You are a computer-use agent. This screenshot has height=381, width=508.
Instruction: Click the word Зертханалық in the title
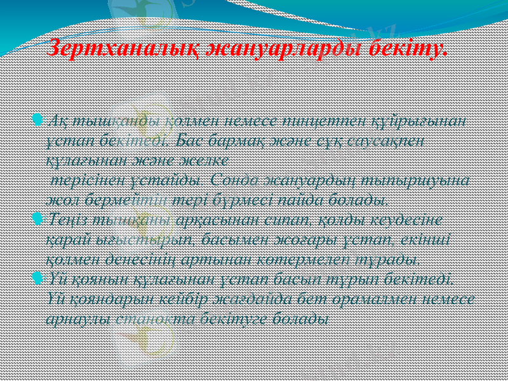pyautogui.click(x=112, y=48)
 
